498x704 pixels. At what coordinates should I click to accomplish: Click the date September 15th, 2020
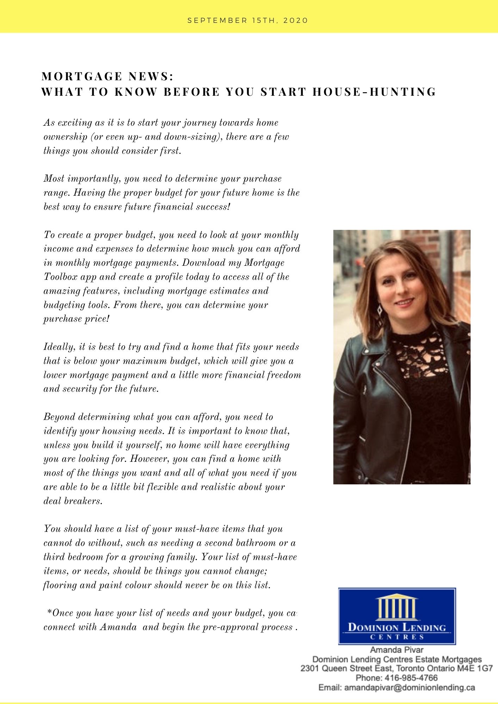tap(248, 20)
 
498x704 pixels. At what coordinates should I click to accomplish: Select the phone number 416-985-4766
tap(411, 678)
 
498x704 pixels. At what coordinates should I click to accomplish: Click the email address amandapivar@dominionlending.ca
tap(410, 687)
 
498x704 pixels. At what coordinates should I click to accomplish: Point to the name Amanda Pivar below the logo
tap(397, 650)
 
